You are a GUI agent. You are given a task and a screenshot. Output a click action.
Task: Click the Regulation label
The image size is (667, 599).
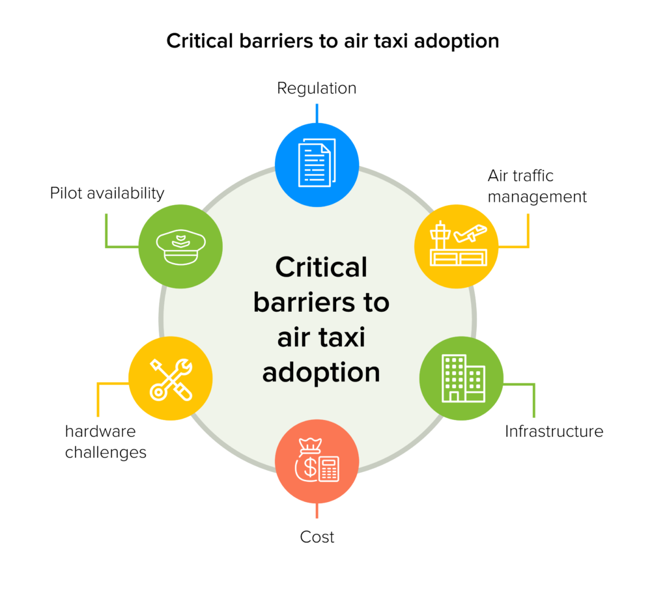[x=317, y=89]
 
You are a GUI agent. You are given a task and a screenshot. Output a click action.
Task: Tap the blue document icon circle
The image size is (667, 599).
[x=317, y=163]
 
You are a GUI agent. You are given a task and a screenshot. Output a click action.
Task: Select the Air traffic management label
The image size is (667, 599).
[x=537, y=186]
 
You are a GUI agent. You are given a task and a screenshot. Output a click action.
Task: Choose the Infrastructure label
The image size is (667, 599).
[x=554, y=431]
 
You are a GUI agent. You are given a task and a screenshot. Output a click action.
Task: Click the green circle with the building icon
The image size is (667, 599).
[x=461, y=378]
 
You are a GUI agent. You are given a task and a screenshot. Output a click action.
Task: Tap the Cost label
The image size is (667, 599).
[x=317, y=537]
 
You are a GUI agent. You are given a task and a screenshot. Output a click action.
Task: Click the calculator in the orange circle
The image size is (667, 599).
[x=329, y=469]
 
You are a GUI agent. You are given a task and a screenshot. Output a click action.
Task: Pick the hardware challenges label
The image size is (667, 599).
[x=106, y=441]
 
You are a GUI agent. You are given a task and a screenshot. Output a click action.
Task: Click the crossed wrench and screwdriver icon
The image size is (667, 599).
[x=171, y=378]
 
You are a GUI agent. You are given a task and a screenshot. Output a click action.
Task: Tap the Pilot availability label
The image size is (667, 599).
[x=107, y=193]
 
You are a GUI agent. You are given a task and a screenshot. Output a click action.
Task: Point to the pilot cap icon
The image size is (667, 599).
[x=180, y=247]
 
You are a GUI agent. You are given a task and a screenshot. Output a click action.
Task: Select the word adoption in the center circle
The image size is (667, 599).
[x=321, y=372]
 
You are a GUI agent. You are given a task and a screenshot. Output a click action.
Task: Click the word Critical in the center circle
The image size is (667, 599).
[x=321, y=267]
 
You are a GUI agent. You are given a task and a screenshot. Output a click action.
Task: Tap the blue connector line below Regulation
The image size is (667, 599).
[x=317, y=112]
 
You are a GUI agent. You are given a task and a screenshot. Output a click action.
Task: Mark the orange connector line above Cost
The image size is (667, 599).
[x=317, y=511]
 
